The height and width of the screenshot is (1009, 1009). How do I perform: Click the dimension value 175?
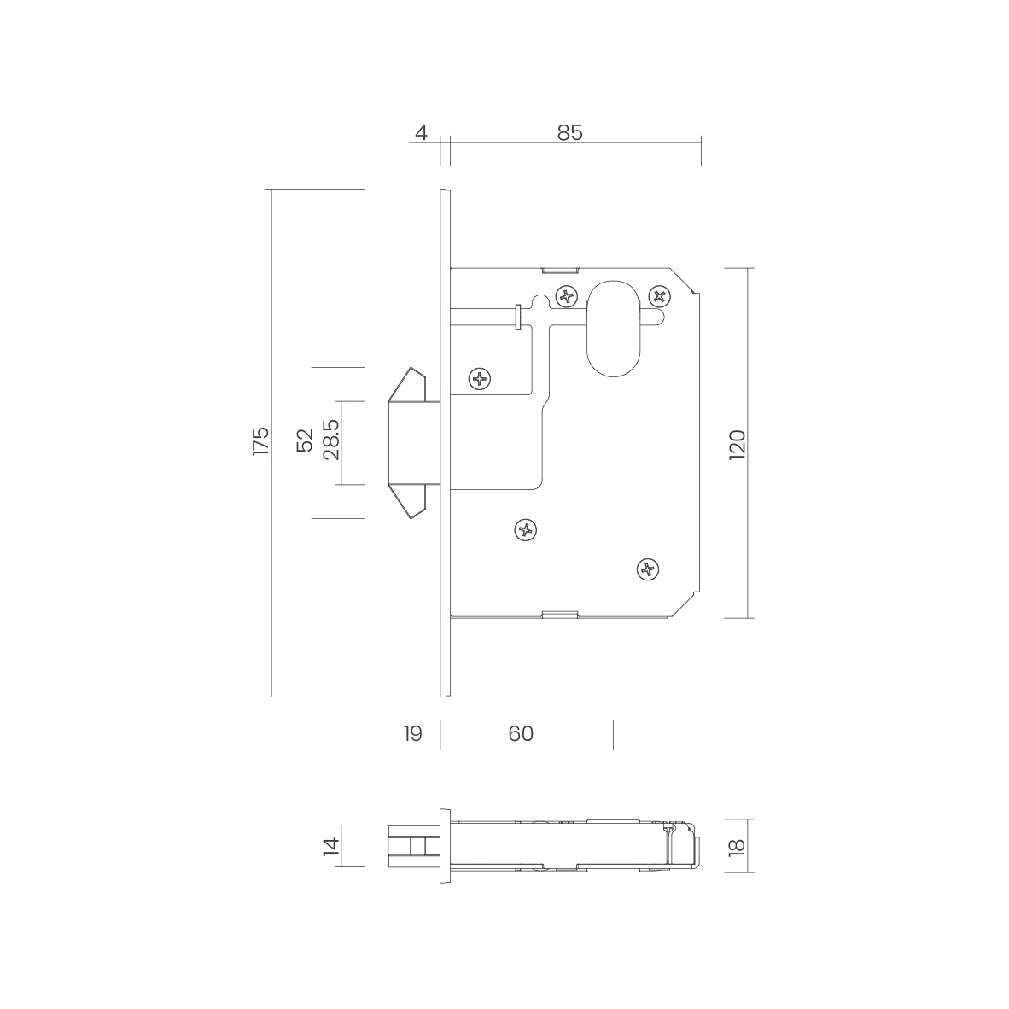coord(260,442)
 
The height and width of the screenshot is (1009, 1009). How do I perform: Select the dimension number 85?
coord(570,133)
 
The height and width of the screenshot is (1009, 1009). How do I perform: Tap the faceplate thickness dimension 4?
coord(420,133)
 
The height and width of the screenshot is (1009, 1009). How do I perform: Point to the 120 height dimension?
coord(738,445)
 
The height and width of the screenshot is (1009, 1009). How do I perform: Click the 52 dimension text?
coord(304,440)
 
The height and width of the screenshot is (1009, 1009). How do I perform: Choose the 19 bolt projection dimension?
coord(413,734)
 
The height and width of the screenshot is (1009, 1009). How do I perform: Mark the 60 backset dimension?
coord(521,734)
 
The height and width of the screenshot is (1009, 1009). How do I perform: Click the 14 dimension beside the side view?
coord(331,846)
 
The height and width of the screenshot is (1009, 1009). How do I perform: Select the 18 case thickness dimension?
coord(738,846)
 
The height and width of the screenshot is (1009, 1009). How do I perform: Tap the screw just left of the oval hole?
coord(565,297)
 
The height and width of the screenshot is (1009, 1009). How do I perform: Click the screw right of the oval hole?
coord(659,296)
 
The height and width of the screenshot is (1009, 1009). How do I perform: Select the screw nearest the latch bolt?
coord(481,378)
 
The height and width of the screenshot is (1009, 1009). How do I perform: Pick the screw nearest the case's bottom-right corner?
coord(649,569)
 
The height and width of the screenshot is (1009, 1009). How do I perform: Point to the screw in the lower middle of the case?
coord(527,530)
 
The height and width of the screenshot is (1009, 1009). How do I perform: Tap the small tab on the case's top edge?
coord(560,269)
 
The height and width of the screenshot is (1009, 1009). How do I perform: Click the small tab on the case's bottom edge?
coord(560,614)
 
